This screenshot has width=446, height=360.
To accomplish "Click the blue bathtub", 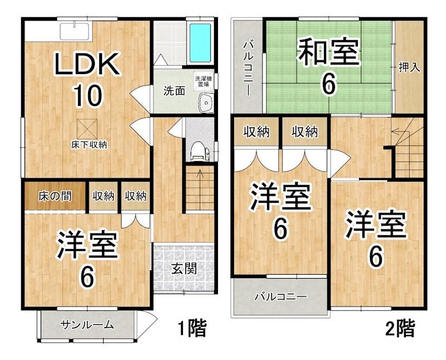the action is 200,43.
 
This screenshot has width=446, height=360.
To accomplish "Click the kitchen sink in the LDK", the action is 75,32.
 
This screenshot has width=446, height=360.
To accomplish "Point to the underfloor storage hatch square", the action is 87,129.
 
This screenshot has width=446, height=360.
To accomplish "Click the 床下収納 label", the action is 89,145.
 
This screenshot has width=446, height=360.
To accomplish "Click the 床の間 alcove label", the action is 55,196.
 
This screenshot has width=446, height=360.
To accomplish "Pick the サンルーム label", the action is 88,324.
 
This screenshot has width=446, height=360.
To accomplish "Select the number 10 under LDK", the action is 88,95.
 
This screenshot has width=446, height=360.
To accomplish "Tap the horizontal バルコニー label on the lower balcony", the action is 281,297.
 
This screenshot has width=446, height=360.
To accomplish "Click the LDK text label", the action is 87,64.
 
